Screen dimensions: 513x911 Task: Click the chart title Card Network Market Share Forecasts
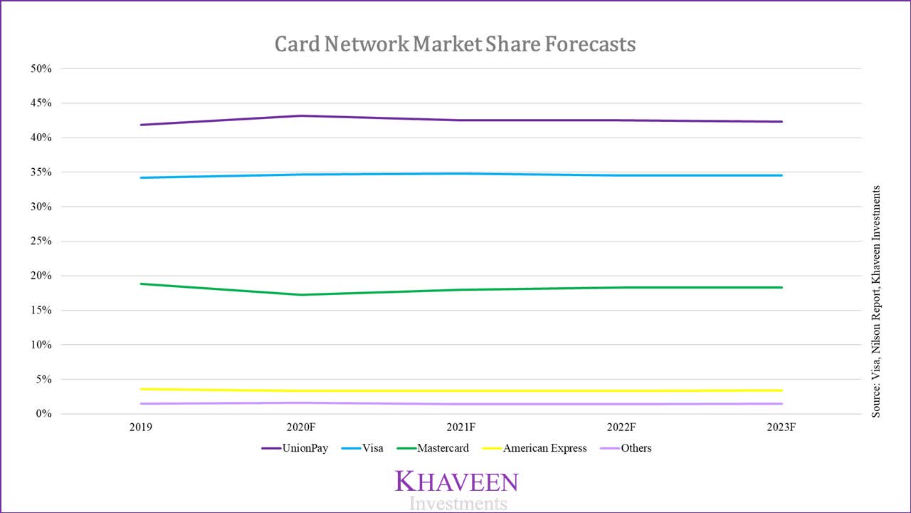(455, 44)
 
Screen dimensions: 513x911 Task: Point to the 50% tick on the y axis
(41, 69)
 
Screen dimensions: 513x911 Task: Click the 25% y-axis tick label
(41, 242)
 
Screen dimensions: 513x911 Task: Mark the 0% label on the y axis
(43, 414)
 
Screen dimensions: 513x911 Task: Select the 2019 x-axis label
(141, 428)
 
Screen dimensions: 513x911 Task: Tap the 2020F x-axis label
(301, 428)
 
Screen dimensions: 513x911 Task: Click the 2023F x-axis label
(781, 428)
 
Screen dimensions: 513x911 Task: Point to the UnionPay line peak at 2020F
(301, 115)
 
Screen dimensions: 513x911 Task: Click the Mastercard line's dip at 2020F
(301, 294)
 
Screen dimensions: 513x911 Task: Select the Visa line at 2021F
(461, 173)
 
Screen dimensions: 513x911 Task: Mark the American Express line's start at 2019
(141, 389)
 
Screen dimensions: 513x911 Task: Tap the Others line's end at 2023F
(781, 404)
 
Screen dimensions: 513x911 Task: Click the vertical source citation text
(876, 301)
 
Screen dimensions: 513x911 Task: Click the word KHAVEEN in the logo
(456, 482)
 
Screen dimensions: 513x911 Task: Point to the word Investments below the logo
(458, 504)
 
